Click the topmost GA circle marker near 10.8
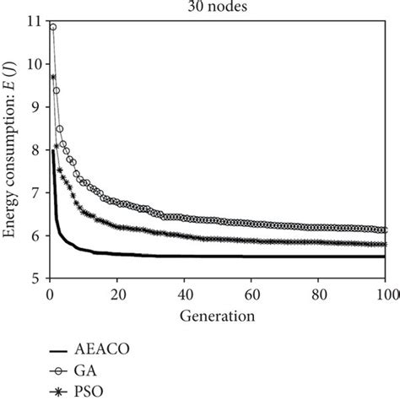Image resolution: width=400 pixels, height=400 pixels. (x=52, y=27)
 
